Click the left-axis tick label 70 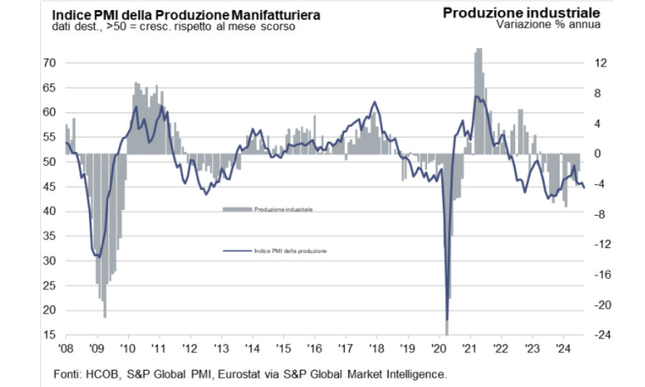click(49, 63)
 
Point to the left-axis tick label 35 click(49, 261)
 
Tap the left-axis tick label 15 click(49, 335)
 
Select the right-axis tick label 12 click(601, 63)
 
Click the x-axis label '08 click(66, 348)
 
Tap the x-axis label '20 click(437, 348)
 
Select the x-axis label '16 click(313, 348)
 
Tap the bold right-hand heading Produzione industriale click(521, 12)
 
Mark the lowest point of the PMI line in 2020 click(446, 320)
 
